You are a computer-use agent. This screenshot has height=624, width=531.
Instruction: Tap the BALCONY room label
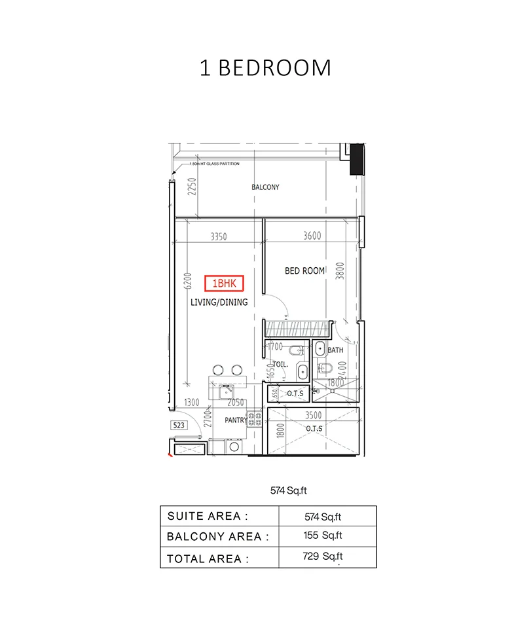point(265,187)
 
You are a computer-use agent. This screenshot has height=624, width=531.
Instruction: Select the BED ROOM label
point(304,270)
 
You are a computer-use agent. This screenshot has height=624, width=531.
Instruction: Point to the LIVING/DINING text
point(219,303)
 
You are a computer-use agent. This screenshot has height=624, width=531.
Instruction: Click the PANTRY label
point(235,420)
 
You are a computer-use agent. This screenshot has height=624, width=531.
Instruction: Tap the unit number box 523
point(178,425)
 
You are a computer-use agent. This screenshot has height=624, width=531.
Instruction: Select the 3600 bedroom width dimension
point(312,236)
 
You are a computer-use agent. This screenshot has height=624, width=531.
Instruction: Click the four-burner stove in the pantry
point(253,419)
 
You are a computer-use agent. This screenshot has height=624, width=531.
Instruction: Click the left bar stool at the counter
point(219,370)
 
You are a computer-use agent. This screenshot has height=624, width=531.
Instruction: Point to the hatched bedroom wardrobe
point(295,327)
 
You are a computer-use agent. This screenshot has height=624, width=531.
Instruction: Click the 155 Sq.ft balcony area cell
point(323,535)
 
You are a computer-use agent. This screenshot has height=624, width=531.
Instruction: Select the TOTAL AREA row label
point(208,559)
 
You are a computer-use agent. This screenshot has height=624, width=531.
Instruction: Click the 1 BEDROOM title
point(265,68)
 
